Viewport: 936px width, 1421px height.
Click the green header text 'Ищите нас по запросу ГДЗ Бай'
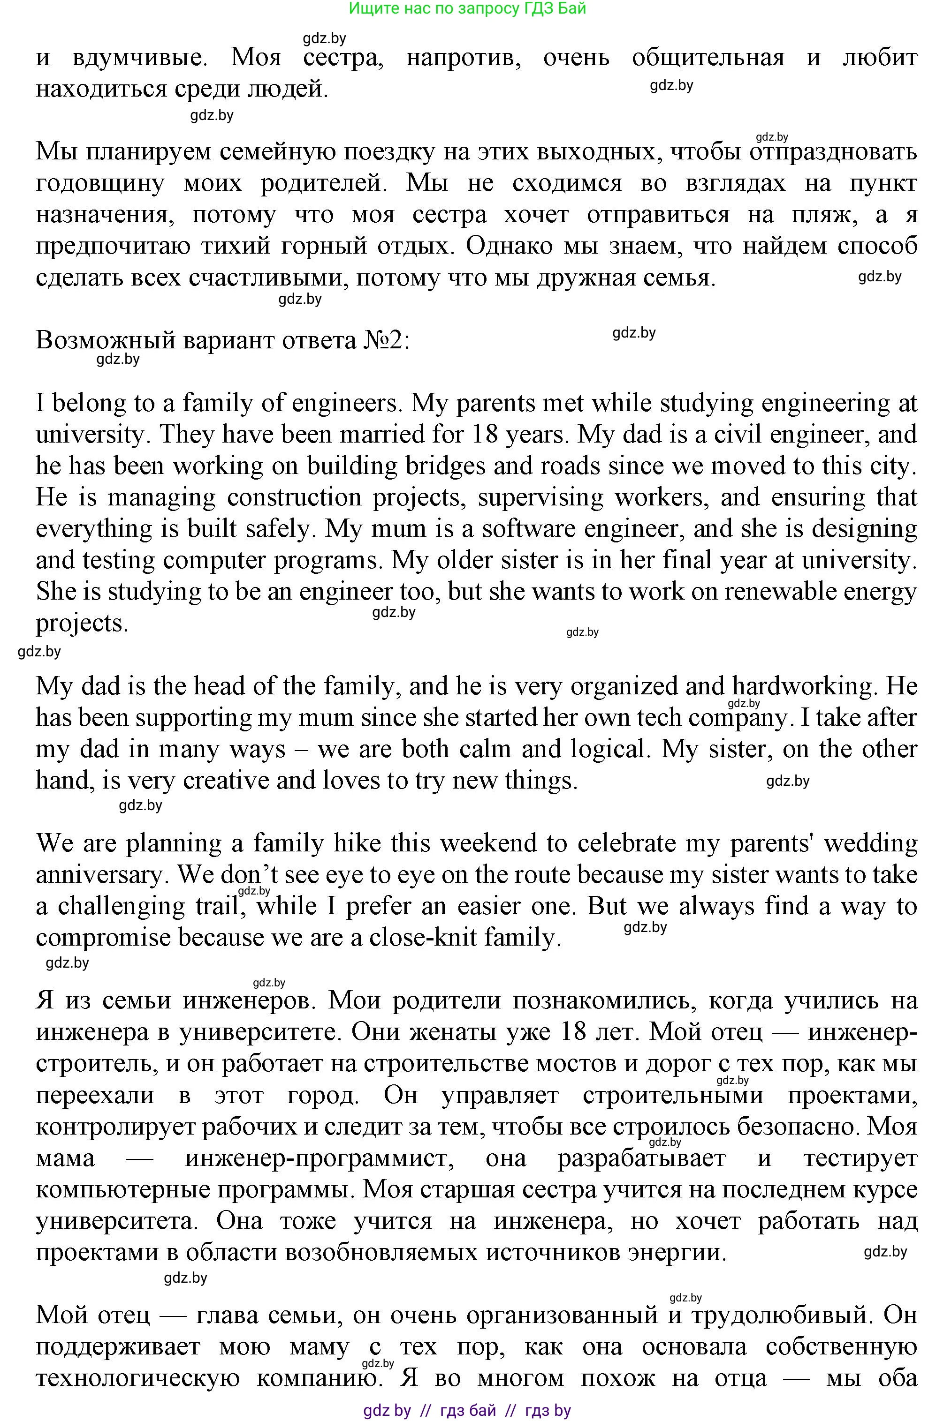[467, 8]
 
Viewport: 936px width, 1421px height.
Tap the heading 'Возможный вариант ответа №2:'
[223, 340]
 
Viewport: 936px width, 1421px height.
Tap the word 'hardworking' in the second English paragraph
[804, 686]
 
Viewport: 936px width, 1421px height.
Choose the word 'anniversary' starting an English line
[103, 875]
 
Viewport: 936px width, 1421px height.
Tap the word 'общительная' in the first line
[708, 58]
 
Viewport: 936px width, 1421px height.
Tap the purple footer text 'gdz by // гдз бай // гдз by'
[467, 1411]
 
